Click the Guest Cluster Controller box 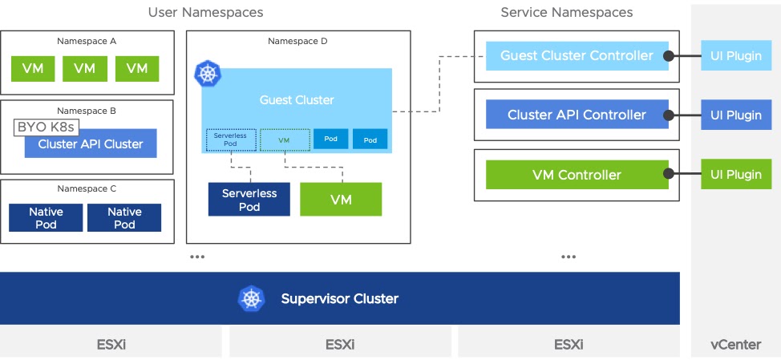(577, 56)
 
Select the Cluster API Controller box (577, 115)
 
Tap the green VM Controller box (577, 175)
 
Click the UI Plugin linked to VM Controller (736, 175)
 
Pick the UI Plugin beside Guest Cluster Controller (736, 56)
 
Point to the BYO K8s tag (45, 127)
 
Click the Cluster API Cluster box (90, 144)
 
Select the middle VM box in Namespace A (84, 68)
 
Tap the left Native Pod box (45, 218)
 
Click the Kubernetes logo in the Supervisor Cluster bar (251, 299)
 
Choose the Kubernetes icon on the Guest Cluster (208, 75)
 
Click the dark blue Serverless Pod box (249, 200)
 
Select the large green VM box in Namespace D (341, 200)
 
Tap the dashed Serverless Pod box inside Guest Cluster (231, 140)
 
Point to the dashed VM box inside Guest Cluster (285, 140)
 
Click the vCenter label (735, 345)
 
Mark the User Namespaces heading (205, 13)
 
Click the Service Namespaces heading (566, 13)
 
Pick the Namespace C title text (87, 189)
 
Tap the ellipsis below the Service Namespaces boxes (569, 257)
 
